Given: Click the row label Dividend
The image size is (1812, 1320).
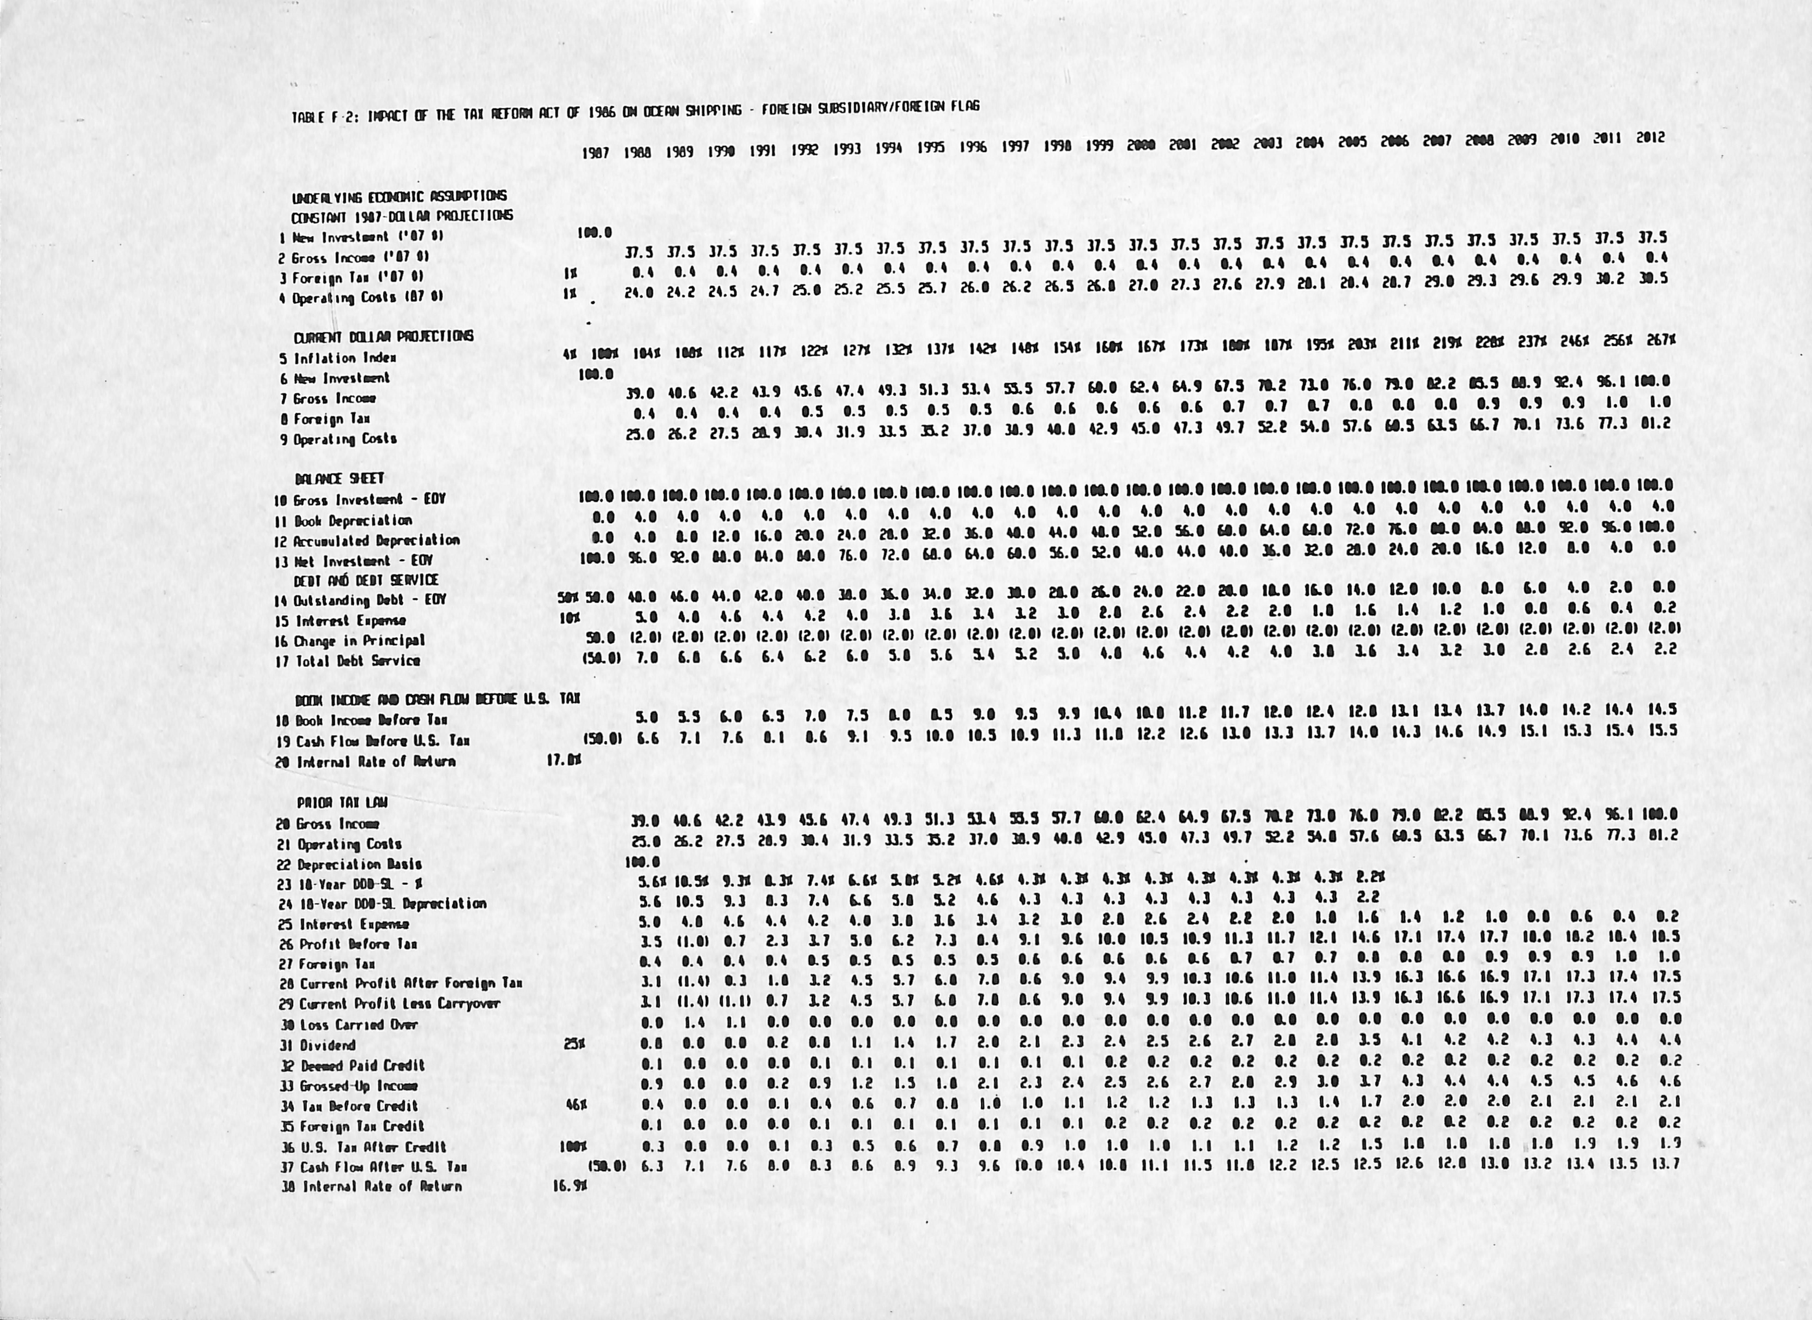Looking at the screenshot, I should (x=328, y=1045).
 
